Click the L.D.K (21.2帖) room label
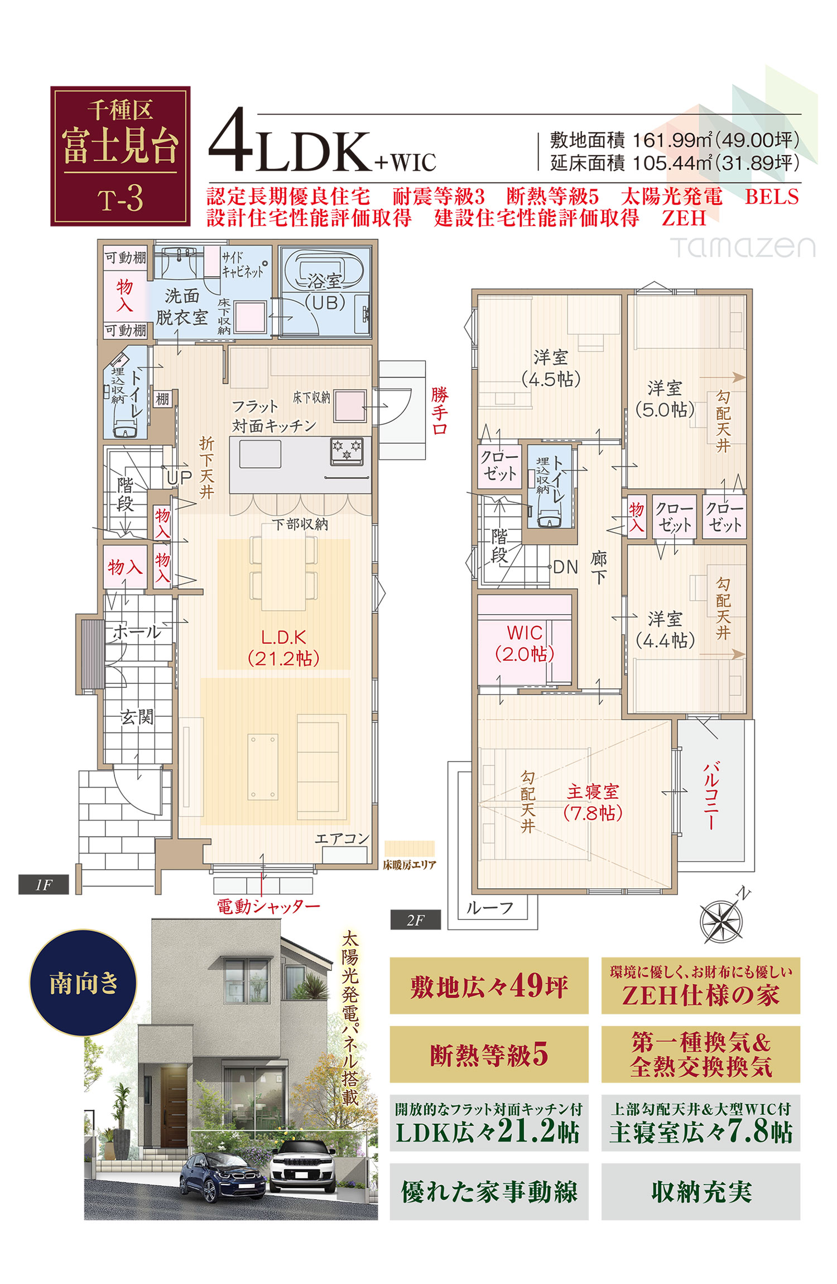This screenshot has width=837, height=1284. coord(283,648)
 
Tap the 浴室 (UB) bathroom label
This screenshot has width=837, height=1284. coord(325,292)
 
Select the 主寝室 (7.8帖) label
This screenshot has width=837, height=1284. coord(593,802)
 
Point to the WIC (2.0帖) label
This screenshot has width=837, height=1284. coord(525,643)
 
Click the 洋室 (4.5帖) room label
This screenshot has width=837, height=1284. coord(551,368)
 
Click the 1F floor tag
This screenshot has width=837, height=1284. coord(44,885)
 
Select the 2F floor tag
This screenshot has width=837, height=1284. coord(416,920)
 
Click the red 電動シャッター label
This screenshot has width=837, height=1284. coord(268,906)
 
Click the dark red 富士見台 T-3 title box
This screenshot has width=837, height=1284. coord(121,156)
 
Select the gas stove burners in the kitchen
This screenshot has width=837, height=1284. coord(347,451)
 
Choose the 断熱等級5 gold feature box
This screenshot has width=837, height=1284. coord(489,1054)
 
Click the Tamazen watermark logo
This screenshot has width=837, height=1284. coord(743,247)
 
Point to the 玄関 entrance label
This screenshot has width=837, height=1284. coord(137,717)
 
